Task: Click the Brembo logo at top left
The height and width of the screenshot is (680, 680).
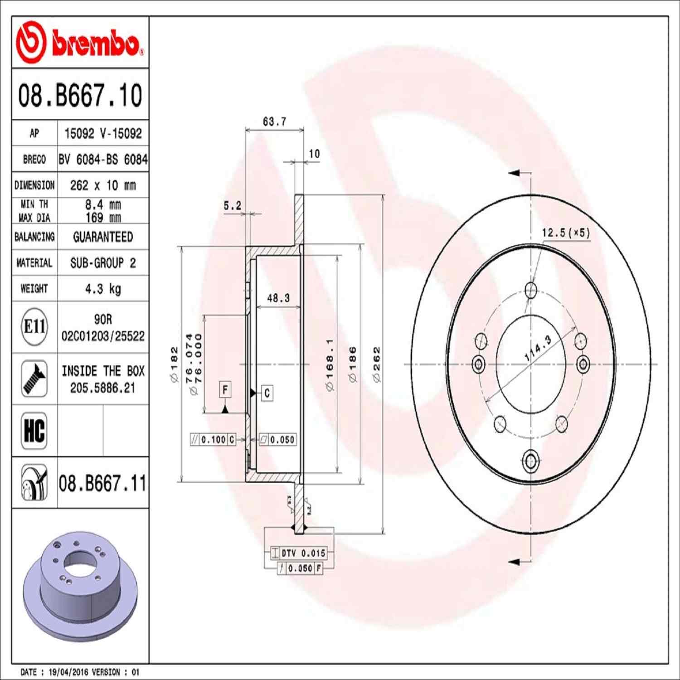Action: [79, 43]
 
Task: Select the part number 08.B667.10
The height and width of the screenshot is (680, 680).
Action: [80, 96]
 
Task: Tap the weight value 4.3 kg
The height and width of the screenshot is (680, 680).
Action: [103, 289]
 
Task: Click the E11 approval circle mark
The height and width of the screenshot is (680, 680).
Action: [34, 326]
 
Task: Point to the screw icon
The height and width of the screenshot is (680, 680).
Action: [34, 379]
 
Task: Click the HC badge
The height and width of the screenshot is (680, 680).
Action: [34, 430]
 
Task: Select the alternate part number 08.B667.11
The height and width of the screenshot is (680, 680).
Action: [102, 483]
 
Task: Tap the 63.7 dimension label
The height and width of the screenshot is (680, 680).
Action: [274, 121]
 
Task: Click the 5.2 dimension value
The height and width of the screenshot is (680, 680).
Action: [232, 206]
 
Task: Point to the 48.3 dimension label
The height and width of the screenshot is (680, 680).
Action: [278, 298]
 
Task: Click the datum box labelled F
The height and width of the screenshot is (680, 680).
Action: [225, 389]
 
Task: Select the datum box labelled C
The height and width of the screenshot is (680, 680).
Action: [267, 393]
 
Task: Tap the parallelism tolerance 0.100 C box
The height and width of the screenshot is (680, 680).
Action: [213, 439]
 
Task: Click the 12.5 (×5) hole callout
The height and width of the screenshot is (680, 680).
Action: [566, 233]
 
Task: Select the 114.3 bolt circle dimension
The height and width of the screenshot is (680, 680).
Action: [538, 348]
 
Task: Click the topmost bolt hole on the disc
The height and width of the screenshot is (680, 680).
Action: [530, 290]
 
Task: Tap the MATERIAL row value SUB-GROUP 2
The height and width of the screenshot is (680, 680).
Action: [103, 263]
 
